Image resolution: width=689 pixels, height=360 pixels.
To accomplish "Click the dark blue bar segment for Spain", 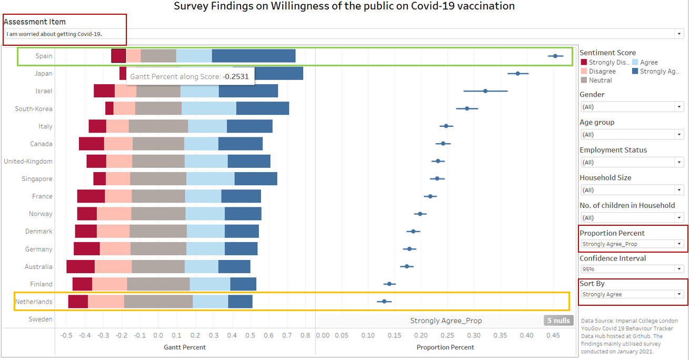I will point(253,56).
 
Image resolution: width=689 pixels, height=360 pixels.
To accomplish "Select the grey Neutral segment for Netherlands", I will point(158,302).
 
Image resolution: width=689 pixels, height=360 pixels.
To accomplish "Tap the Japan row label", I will point(43,74).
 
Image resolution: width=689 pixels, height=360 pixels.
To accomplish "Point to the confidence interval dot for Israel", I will point(485,91).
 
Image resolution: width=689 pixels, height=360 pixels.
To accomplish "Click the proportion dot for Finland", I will point(390,284).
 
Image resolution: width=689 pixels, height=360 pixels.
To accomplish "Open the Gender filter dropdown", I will point(632,107).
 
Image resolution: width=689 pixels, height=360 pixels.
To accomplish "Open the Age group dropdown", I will point(632,135).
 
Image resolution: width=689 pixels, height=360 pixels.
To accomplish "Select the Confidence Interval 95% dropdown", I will point(632,269).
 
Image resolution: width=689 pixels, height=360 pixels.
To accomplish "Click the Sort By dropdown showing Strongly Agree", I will point(632,294).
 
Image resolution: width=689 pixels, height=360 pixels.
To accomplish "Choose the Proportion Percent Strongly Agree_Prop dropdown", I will point(632,244).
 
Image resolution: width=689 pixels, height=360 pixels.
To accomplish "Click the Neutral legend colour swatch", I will point(583,81).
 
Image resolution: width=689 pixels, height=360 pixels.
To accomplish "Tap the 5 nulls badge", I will point(557,321).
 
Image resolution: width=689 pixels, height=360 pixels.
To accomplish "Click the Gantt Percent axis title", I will point(185,347).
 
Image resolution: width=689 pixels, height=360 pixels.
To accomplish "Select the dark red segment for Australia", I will point(81,266).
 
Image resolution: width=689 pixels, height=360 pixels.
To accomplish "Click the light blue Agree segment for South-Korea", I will point(209,108).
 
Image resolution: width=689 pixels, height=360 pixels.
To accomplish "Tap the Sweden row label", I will point(41,319).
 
